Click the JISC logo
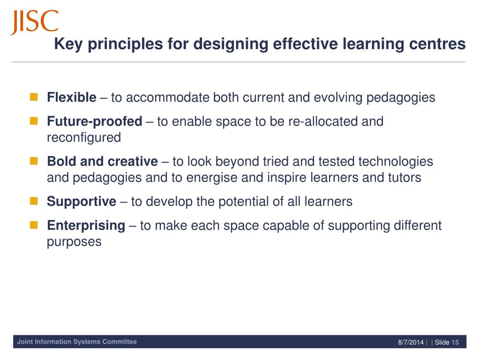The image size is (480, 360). (x=35, y=22)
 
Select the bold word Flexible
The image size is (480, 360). (x=71, y=97)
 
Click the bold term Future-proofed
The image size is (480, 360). (x=94, y=121)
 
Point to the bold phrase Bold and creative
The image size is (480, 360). (x=102, y=162)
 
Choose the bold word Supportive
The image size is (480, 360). (x=82, y=202)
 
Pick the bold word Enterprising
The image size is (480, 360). (x=86, y=225)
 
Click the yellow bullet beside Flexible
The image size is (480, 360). (x=34, y=97)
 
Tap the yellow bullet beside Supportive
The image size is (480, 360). (x=34, y=202)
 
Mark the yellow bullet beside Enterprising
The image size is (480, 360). (x=34, y=225)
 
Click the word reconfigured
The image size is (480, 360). (x=84, y=138)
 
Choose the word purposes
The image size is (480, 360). (x=74, y=242)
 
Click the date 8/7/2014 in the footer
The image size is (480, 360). (x=411, y=342)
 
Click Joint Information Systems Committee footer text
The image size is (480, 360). (x=77, y=342)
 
